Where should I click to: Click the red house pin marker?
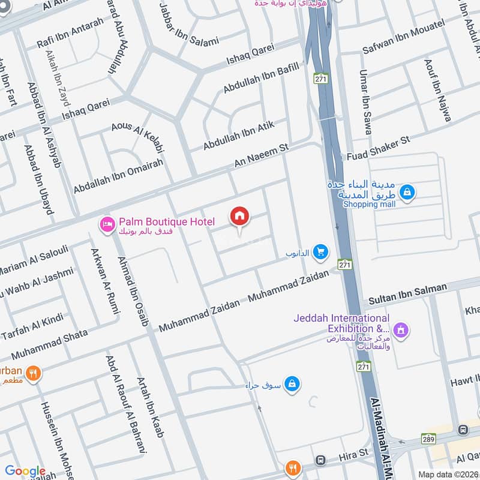[240, 217]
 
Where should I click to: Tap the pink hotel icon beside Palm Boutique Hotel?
[107, 224]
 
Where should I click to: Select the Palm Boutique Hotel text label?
[166, 223]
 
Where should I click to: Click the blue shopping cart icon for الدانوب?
[321, 253]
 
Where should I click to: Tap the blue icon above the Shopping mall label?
[407, 192]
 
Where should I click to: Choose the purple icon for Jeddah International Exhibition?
[401, 329]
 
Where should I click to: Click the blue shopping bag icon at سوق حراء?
[292, 383]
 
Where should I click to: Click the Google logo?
[25, 471]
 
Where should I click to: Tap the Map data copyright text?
[448, 474]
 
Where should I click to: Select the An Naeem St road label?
[261, 155]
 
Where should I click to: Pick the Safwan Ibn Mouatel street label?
[403, 37]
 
